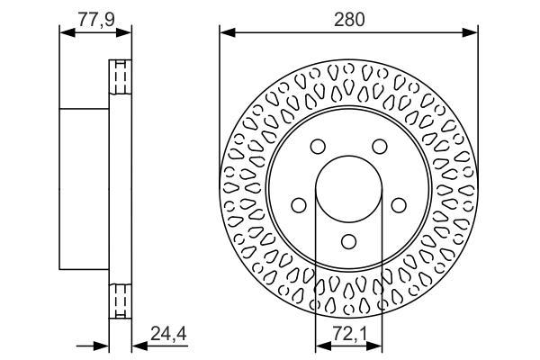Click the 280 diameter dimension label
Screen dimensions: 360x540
(348, 18)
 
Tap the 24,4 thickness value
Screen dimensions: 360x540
(168, 336)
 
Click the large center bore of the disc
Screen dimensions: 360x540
(349, 190)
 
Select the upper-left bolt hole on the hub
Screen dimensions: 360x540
(318, 147)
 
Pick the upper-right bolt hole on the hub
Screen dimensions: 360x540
(380, 147)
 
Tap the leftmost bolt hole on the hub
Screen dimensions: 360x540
(299, 206)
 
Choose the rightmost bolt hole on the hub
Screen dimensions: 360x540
(399, 206)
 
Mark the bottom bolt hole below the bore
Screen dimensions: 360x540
(349, 241)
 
